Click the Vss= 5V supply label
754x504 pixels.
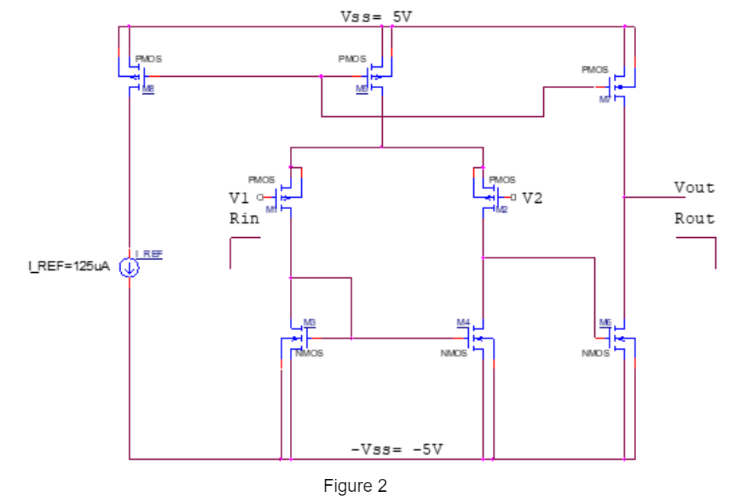376,16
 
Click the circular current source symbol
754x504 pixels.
129,267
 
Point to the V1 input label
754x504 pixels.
239,198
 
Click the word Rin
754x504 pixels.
243,218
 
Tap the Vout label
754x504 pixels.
694,187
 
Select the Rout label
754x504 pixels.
694,218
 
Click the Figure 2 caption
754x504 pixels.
355,486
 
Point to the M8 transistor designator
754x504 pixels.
149,89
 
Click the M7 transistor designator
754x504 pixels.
605,100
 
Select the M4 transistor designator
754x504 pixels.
463,322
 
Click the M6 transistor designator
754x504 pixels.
605,322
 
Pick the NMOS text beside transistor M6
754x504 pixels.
595,353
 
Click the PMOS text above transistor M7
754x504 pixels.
595,69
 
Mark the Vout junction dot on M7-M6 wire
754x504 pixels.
624,197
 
